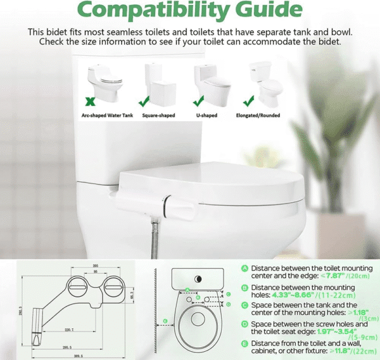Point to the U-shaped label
coord(205,116)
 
